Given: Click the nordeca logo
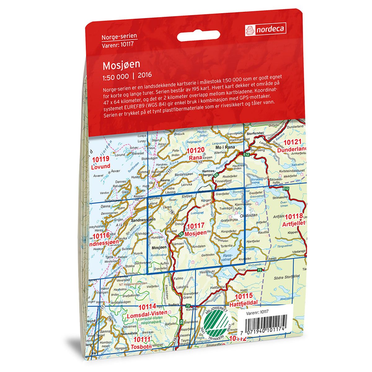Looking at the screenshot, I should click(x=265, y=29).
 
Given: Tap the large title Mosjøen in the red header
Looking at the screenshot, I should click(x=121, y=64).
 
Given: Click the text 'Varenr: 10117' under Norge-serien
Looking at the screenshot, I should click(x=117, y=44).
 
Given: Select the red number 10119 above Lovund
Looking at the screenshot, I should click(x=101, y=160).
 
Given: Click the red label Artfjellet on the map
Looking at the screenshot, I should click(x=295, y=223).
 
